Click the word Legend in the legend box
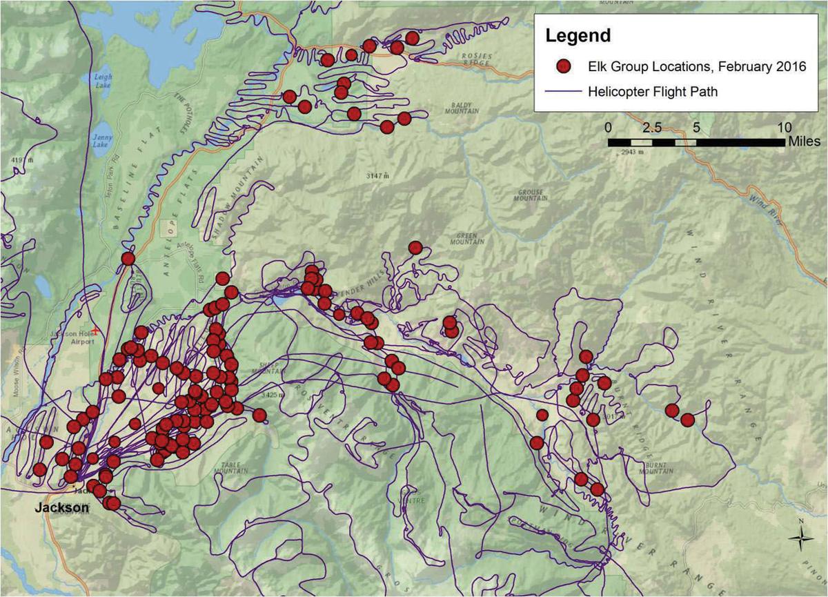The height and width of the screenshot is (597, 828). (x=578, y=36)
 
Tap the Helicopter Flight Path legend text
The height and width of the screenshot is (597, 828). (x=653, y=91)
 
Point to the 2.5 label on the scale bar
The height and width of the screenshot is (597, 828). (x=652, y=128)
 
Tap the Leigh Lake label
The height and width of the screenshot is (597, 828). (x=103, y=80)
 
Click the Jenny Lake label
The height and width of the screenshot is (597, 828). (x=101, y=141)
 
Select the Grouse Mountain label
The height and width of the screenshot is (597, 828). (x=529, y=195)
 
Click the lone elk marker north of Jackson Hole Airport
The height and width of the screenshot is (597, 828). (x=128, y=259)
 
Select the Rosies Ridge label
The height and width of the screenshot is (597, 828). (x=475, y=60)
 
